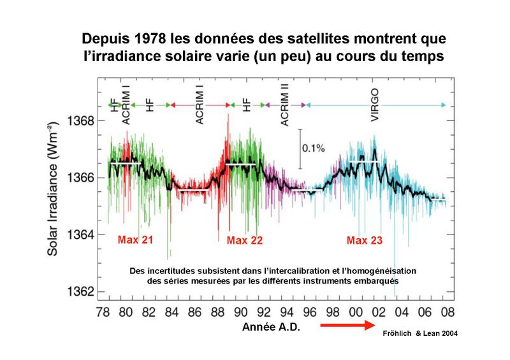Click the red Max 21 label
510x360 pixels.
[135, 241]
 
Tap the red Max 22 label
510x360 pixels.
[245, 241]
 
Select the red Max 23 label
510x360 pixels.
[365, 241]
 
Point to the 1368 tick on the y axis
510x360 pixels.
[82, 120]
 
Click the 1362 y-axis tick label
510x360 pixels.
[82, 291]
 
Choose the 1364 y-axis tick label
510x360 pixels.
[82, 234]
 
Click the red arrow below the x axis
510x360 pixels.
[345, 326]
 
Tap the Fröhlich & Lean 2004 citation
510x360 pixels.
[419, 333]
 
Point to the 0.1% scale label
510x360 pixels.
[314, 148]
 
